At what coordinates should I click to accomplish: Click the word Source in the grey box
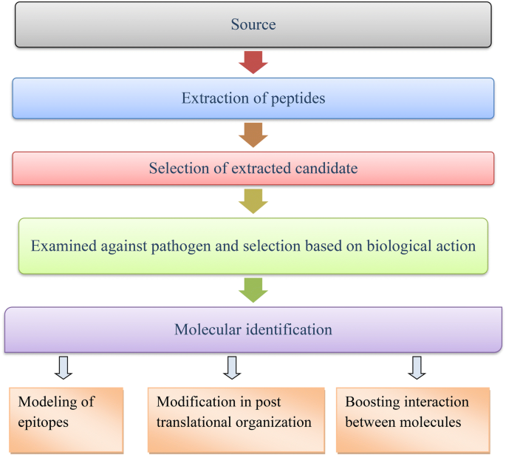click(253, 24)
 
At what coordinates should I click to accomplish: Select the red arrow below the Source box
click(253, 62)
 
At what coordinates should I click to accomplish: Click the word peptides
click(297, 98)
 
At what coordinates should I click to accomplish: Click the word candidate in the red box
click(322, 169)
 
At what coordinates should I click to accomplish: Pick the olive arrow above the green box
click(253, 200)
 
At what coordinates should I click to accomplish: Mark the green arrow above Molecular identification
click(253, 290)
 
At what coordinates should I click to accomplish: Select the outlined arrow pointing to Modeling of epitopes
click(64, 367)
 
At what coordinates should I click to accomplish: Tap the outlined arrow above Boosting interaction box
click(417, 367)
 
